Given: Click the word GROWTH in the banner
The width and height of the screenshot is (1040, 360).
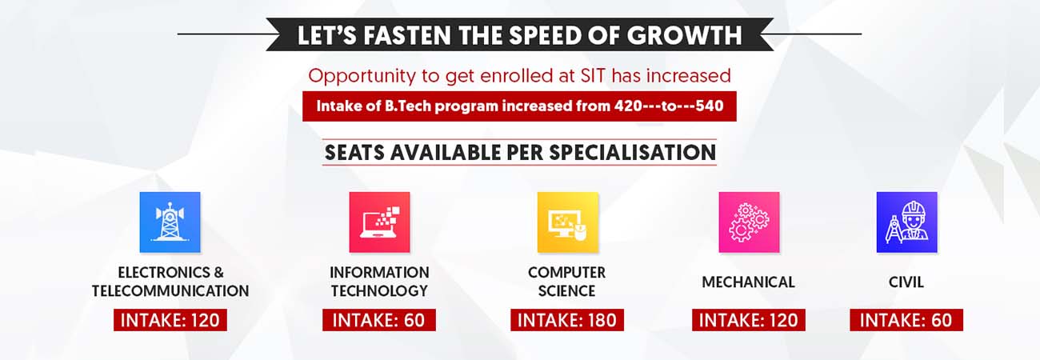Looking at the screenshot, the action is click(x=685, y=35).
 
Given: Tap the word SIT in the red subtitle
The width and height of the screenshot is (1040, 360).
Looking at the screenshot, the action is click(x=593, y=76).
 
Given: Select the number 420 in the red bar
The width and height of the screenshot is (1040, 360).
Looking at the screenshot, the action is click(x=629, y=106).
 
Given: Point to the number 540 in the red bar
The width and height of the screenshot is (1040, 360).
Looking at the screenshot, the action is click(x=710, y=106).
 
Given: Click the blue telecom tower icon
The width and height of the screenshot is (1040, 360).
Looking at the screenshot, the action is click(x=170, y=222).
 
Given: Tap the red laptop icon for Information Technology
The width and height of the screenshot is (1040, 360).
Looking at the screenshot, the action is click(x=379, y=222).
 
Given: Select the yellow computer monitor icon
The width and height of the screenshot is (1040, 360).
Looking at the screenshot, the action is click(x=567, y=222).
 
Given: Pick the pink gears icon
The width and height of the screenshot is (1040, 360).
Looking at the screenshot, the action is click(x=749, y=222).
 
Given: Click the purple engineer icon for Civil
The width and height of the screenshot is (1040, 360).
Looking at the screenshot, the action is click(x=906, y=222).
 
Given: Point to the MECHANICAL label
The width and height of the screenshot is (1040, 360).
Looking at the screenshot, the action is click(x=749, y=282).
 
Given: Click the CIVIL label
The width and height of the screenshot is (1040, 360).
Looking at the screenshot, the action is click(x=906, y=282).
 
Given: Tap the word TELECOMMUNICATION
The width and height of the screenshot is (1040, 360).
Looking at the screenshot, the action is click(x=170, y=290).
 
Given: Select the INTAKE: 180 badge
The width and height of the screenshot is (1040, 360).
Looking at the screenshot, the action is click(x=567, y=320).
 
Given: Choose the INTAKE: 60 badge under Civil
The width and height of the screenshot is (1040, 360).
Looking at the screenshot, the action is click(x=906, y=320).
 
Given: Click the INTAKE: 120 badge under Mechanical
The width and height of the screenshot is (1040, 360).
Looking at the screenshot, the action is click(x=749, y=320).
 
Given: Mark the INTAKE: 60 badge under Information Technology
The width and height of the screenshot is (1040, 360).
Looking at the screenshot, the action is click(x=379, y=320).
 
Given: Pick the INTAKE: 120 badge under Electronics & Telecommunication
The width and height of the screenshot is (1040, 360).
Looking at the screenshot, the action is click(x=170, y=320).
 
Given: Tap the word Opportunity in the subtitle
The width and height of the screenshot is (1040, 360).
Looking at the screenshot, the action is click(x=362, y=76).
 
